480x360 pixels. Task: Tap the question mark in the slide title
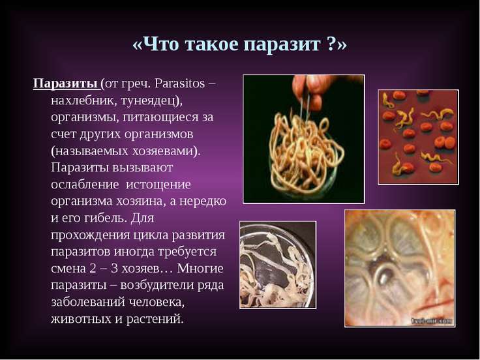(x=332, y=44)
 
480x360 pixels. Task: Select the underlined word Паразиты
(x=65, y=83)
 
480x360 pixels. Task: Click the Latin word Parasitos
(x=179, y=83)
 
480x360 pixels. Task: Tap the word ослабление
(x=85, y=185)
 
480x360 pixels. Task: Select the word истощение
(x=158, y=185)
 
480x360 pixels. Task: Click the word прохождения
(x=91, y=235)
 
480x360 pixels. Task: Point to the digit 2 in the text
(x=93, y=269)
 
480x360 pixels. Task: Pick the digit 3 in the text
(x=114, y=269)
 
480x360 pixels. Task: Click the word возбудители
(x=157, y=285)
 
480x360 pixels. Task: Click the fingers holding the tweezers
(x=309, y=90)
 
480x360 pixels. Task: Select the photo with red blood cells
(x=418, y=137)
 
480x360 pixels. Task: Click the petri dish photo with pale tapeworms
(x=278, y=265)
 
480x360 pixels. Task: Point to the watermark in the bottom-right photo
(x=432, y=321)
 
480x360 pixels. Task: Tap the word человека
(x=157, y=302)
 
